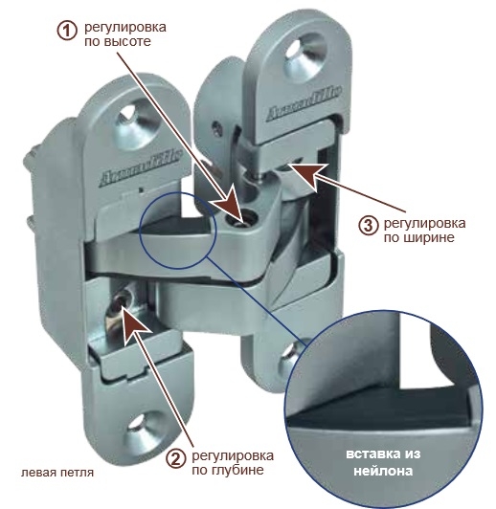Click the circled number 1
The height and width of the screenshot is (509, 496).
pos(67,31)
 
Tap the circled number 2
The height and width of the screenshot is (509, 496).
pos(176,459)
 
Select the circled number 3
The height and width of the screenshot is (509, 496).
pos(369,224)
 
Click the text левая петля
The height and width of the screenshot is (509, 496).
pos(57,473)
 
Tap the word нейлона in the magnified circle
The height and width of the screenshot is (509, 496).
pos(383,471)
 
